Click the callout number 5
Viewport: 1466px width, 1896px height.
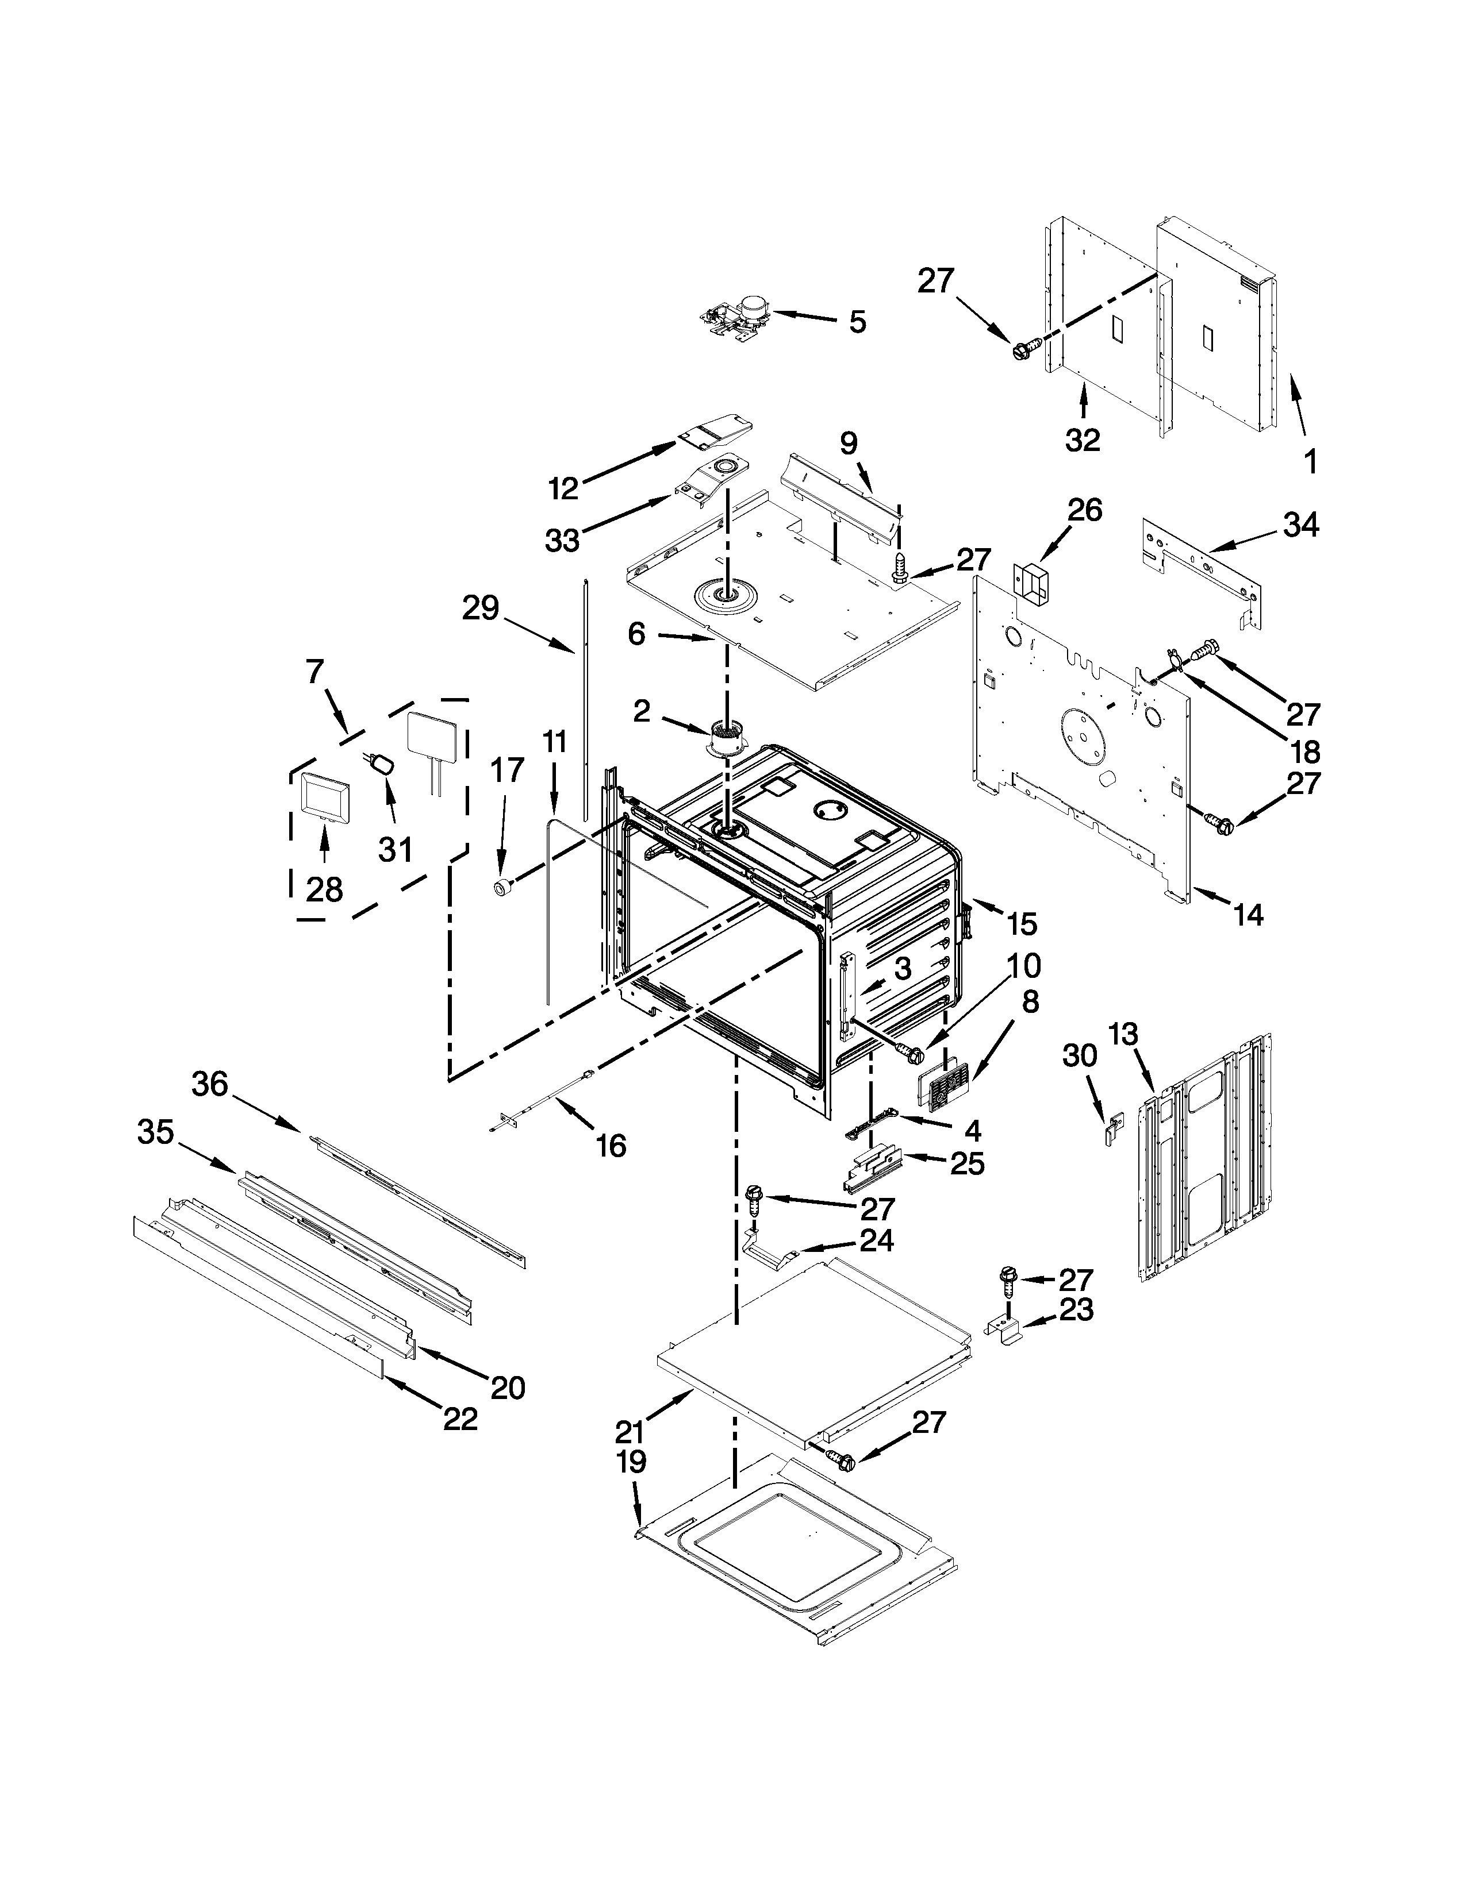pos(857,322)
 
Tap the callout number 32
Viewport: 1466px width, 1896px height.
pos(1082,440)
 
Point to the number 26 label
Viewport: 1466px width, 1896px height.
pos(1085,510)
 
